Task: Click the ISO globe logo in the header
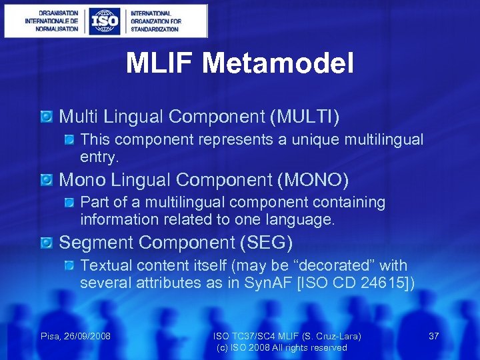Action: click(105, 21)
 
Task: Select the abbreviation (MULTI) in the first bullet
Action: click(305, 117)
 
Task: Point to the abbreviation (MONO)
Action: click(313, 180)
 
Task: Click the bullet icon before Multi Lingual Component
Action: click(46, 117)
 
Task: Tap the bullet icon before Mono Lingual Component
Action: click(46, 180)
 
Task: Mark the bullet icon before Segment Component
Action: click(46, 243)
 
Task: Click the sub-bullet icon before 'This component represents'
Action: click(69, 140)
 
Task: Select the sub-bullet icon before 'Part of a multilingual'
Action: click(69, 203)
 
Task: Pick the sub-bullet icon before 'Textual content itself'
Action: click(69, 266)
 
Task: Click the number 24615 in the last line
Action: click(383, 283)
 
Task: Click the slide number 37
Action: click(433, 336)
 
